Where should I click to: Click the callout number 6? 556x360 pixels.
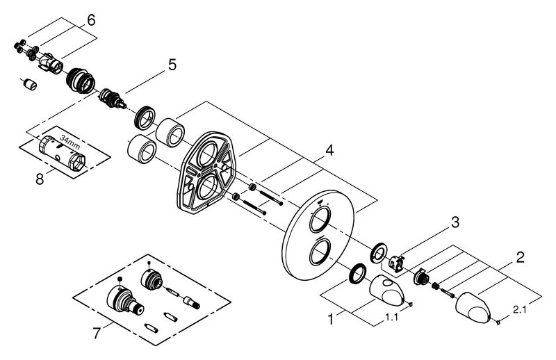coord(91,20)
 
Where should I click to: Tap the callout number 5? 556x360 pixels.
coord(172,65)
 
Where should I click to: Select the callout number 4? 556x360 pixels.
coord(329,151)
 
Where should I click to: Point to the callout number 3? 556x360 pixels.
coord(455,222)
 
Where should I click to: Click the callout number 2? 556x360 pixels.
coord(520,257)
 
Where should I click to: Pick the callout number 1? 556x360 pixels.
coord(331,320)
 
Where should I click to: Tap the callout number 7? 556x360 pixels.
coord(97,334)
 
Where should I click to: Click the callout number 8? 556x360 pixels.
coord(40,179)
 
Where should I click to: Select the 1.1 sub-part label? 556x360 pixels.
coord(391,317)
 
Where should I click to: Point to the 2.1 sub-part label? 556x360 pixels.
coord(520,310)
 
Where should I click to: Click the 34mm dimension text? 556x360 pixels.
coord(70,142)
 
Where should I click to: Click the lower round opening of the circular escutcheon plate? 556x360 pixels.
coord(320,252)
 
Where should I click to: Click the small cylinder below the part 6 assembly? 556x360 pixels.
coord(31,84)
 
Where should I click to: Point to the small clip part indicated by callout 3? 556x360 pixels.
coord(395,263)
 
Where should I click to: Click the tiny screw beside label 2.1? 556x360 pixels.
coord(498,322)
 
